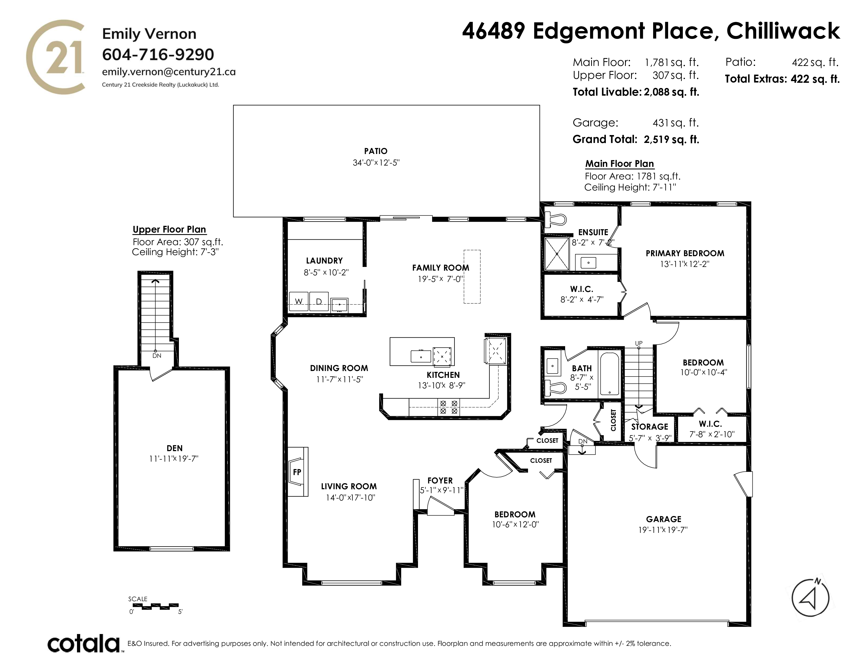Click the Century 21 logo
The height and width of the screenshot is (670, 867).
56,57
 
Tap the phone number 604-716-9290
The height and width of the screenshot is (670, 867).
158,54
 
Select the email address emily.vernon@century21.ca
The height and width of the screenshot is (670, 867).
169,72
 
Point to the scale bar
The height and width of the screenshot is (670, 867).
156,606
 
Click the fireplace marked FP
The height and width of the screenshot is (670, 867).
298,472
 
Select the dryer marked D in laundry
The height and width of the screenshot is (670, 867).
319,302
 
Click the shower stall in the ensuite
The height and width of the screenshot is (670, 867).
557,253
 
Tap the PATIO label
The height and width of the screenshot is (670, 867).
375,151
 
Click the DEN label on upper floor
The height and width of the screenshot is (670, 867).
175,448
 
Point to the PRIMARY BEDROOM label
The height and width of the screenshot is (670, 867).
685,253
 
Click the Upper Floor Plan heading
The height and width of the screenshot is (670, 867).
169,229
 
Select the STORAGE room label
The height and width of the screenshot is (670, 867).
650,427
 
